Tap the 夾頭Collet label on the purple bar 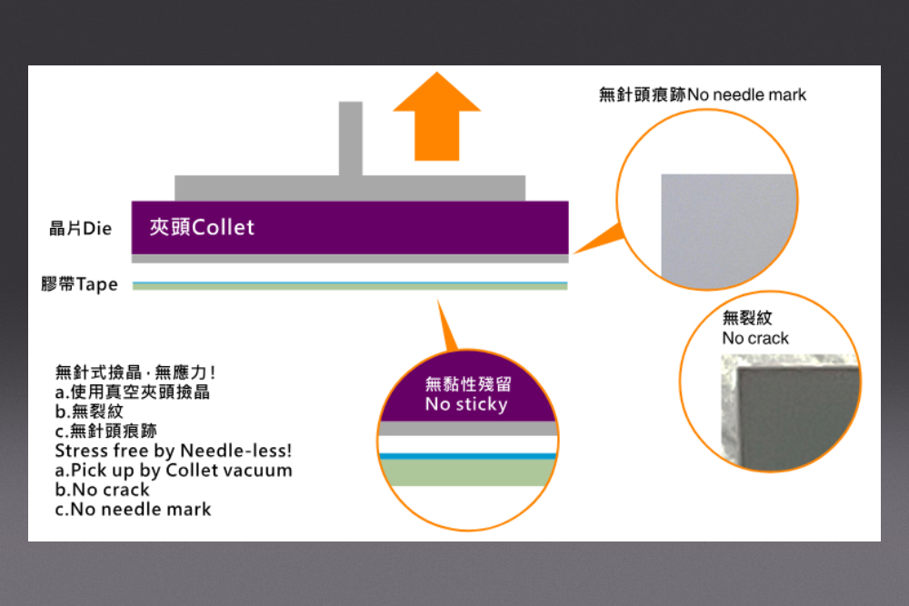(202, 227)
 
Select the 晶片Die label (81, 228)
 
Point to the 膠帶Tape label (80, 284)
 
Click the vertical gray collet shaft (350, 138)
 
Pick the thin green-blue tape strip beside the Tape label (350, 285)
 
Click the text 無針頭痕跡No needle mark (702, 94)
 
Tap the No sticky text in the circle (466, 404)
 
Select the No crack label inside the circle (755, 338)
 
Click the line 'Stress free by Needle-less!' (174, 451)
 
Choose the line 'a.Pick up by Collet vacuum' (174, 471)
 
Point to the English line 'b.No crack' (102, 490)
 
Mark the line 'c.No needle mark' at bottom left (133, 509)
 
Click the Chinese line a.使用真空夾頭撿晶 (133, 392)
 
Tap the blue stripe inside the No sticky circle (466, 456)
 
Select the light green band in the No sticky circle (466, 473)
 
